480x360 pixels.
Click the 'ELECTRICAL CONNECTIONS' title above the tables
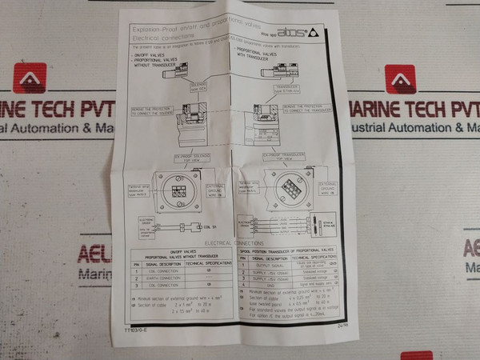234,242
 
